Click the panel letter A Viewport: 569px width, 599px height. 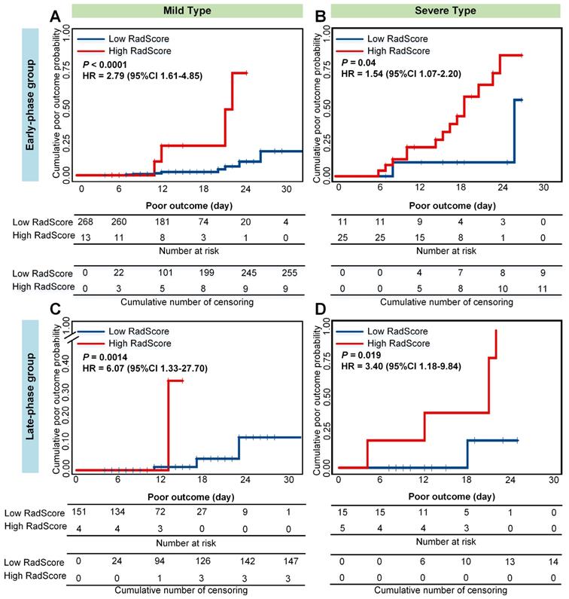coord(55,16)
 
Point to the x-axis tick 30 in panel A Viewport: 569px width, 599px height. coord(286,188)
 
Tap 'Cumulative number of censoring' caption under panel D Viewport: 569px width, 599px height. coord(446,591)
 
